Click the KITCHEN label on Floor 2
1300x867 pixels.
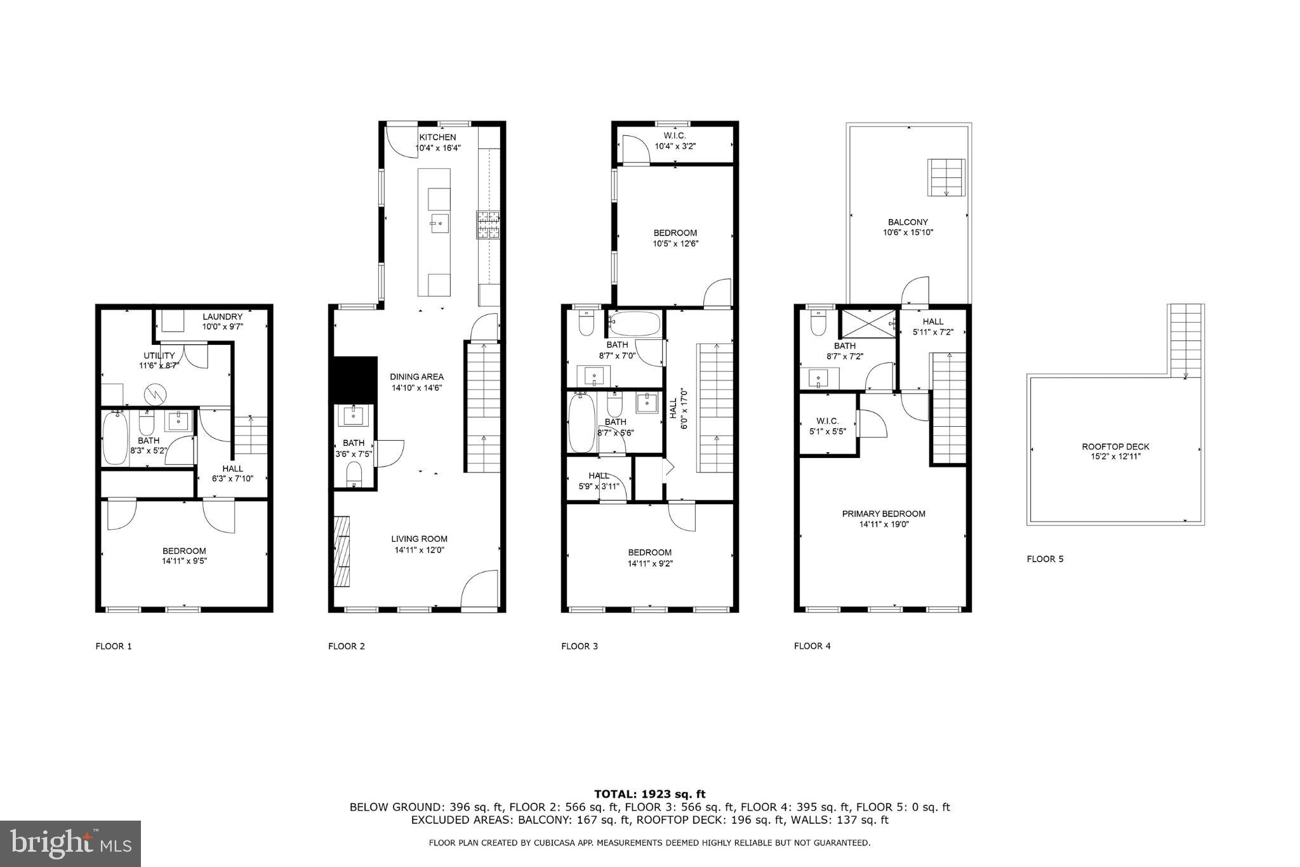[437, 137]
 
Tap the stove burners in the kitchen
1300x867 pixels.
[488, 225]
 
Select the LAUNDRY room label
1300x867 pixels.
[222, 316]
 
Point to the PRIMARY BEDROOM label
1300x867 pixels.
[883, 514]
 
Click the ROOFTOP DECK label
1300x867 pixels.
[1115, 447]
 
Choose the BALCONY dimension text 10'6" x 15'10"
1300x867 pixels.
[908, 232]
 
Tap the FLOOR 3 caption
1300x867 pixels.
[579, 646]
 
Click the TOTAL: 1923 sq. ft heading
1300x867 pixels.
[649, 793]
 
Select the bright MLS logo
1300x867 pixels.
[70, 843]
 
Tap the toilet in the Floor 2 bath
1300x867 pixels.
[354, 473]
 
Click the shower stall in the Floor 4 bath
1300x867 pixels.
[867, 323]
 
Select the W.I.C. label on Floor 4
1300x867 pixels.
[828, 421]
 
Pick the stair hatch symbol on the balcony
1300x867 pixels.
[946, 178]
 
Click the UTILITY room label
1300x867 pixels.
[159, 356]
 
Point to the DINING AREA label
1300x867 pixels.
[416, 377]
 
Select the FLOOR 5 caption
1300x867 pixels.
[1045, 559]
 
